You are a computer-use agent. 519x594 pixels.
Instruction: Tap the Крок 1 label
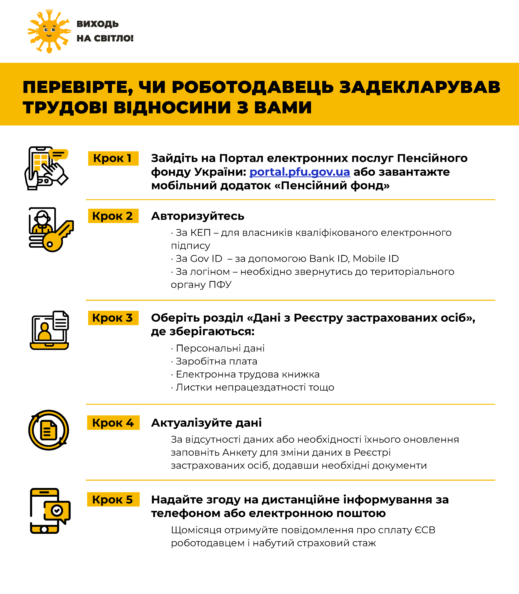[x=113, y=158]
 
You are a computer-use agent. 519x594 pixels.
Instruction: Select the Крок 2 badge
[x=113, y=216]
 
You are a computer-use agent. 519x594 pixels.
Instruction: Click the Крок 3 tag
[x=113, y=318]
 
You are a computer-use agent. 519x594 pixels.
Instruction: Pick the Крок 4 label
[x=113, y=423]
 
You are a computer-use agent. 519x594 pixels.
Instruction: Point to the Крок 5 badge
[x=113, y=500]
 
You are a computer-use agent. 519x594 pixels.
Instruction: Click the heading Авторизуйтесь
[x=197, y=216]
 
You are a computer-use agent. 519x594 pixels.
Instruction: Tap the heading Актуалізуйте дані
[x=206, y=423]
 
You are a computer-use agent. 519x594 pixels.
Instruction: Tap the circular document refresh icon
[x=49, y=430]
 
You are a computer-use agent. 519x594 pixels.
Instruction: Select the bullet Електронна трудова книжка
[x=248, y=374]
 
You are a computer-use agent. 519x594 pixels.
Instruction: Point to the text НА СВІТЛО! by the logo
[x=105, y=38]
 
